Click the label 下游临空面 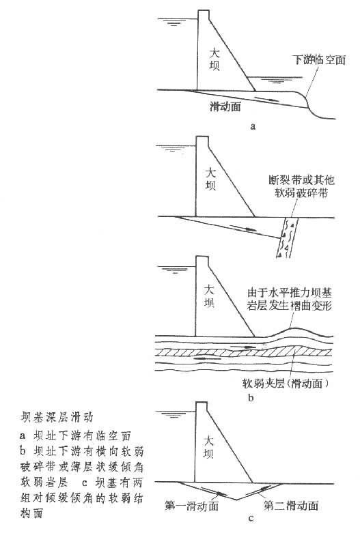[319, 60]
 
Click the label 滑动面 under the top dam [225, 106]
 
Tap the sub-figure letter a [253, 126]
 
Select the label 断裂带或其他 [301, 179]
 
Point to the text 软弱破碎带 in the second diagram [301, 192]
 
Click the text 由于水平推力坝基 [289, 292]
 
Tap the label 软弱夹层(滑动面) [286, 384]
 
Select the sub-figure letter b [251, 398]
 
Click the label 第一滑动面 [191, 506]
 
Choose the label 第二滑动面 [291, 505]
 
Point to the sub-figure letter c [251, 519]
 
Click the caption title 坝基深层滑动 [57, 417]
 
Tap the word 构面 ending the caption [31, 513]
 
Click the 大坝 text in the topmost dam [214, 59]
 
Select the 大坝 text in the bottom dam [208, 448]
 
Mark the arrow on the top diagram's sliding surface [266, 99]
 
